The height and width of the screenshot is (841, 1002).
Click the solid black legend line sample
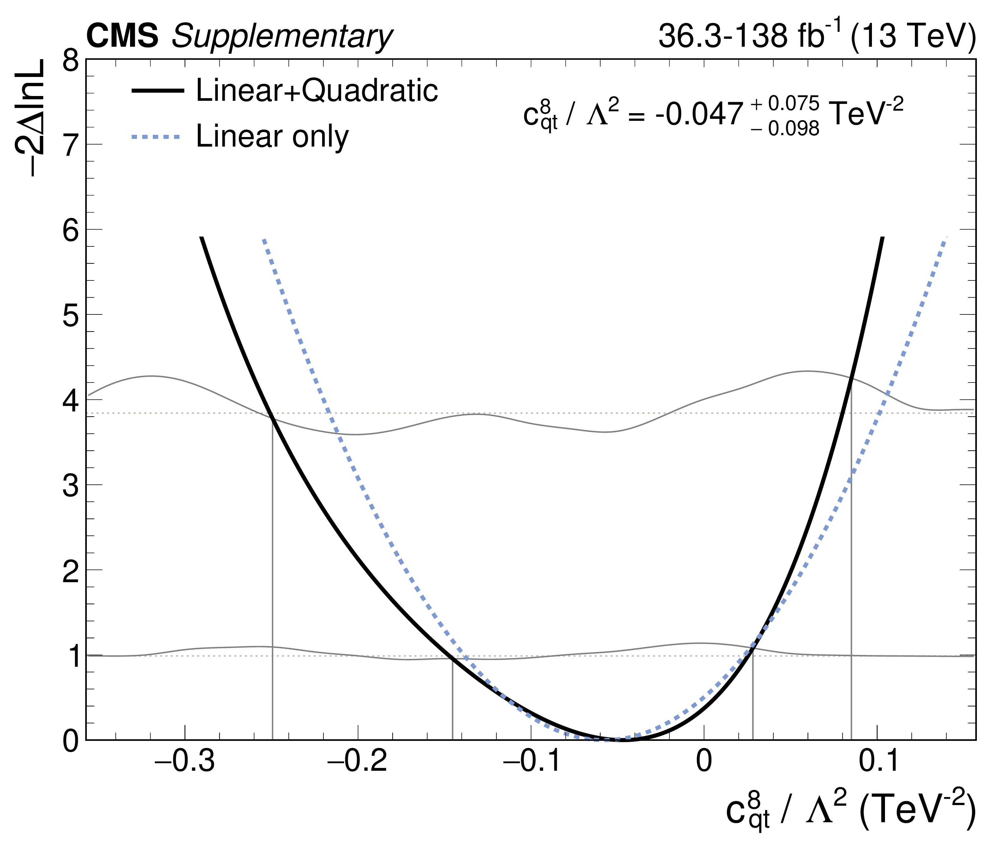tap(157, 91)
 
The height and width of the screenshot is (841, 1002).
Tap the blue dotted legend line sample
tap(156, 137)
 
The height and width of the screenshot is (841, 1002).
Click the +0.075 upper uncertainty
tap(785, 103)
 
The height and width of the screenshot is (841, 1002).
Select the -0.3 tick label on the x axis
tap(185, 761)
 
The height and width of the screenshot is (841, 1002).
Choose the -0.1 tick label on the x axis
tap(531, 761)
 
